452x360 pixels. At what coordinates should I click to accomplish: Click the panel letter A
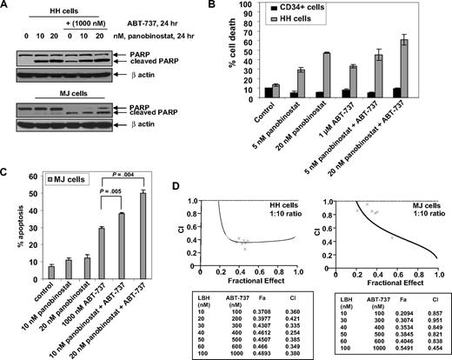pyautogui.click(x=7, y=7)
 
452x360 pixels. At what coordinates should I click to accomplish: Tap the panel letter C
pyautogui.click(x=7, y=174)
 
